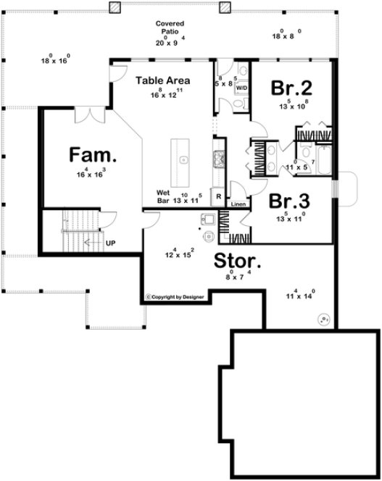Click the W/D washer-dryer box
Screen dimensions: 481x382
click(x=241, y=87)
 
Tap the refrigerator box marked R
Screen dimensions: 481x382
click(x=217, y=196)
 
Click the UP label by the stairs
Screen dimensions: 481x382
click(x=111, y=243)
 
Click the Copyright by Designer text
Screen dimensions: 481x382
click(x=175, y=296)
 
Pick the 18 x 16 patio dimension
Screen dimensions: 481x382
click(x=55, y=61)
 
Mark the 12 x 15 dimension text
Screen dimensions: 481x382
click(x=178, y=254)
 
